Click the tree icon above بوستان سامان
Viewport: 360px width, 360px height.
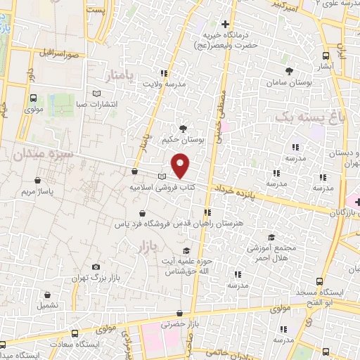coord(289,70)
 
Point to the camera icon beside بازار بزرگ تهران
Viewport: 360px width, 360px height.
coord(96,268)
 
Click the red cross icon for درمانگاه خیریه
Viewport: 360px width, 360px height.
coord(224,25)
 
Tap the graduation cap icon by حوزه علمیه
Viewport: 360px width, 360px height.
coord(186,251)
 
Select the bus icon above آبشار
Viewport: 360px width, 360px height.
coord(326,56)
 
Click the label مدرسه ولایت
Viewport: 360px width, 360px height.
coord(165,84)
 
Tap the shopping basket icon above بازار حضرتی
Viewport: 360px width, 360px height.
coord(180,314)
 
